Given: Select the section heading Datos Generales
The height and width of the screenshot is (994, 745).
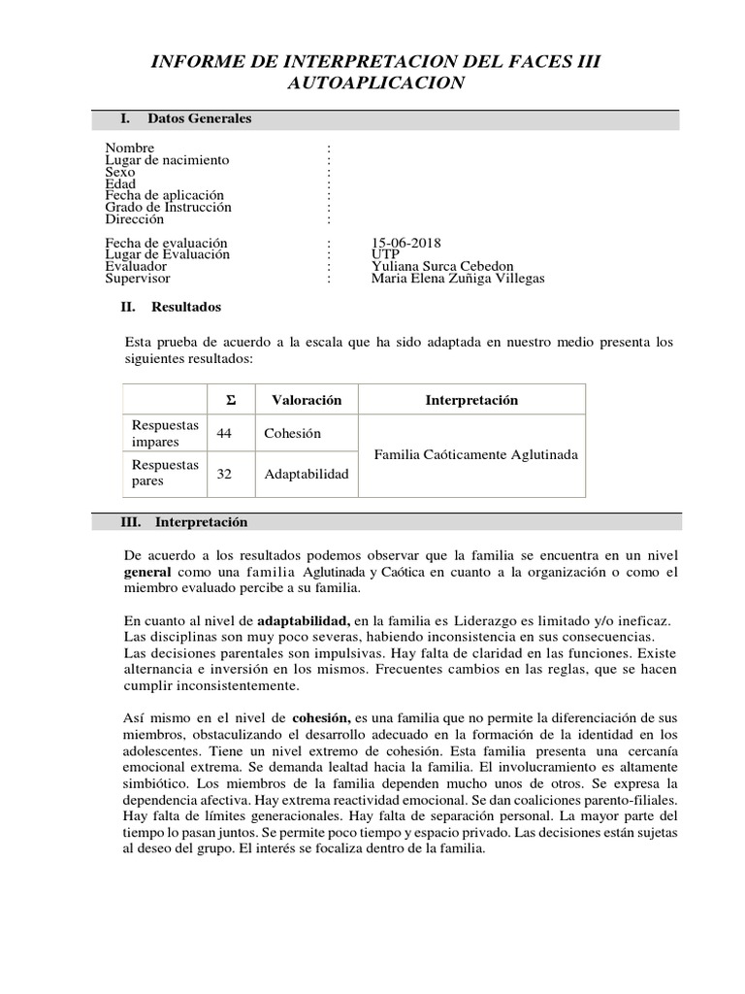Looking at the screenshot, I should point(199,118).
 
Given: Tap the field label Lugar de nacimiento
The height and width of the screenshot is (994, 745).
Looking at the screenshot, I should point(167,160).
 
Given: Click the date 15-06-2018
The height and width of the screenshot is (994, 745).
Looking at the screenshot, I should point(405,243).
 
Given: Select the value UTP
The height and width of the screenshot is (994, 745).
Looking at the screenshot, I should point(384,254).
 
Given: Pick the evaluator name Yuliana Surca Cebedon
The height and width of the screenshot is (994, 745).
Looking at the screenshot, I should point(442,266).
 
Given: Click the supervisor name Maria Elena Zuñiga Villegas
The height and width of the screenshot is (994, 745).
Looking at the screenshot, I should point(458,278).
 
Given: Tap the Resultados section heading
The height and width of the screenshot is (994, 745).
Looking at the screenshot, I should point(186,307).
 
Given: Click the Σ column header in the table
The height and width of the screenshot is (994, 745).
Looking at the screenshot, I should point(231,400).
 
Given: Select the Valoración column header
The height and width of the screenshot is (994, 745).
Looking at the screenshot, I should point(307,400).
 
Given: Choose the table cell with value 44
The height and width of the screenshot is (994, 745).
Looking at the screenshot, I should point(225,433).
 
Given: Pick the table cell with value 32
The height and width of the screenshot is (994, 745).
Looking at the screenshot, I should point(225,474).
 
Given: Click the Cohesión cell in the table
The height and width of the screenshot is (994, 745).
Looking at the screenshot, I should point(292,433).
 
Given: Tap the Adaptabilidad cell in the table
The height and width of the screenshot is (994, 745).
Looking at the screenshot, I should point(306,474).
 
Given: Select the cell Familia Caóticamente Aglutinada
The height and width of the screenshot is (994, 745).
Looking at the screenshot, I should point(475,453).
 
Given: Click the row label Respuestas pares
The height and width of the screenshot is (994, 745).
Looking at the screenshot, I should point(165,474).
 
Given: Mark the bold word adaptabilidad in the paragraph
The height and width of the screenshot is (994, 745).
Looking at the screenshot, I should point(303,619).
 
